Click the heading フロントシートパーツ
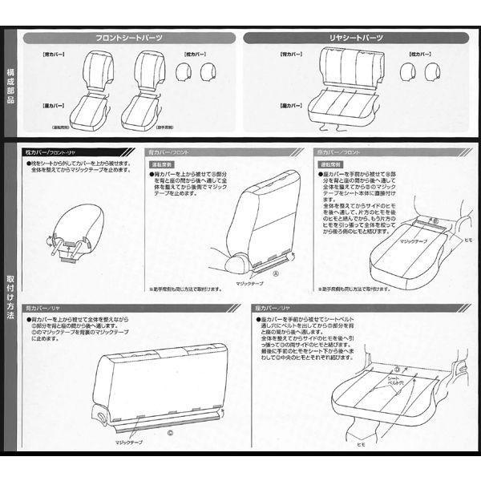[130, 38]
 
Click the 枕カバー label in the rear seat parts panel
[422, 55]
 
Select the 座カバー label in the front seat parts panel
[44, 105]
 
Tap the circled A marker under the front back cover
[276, 273]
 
